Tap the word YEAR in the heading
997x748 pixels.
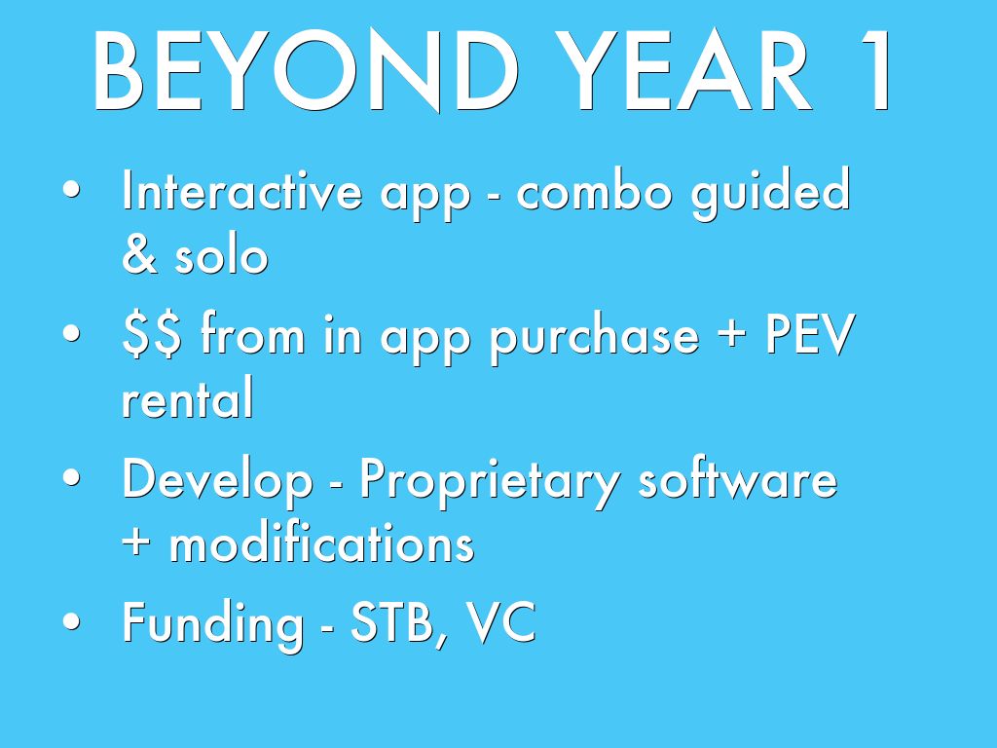coord(684,70)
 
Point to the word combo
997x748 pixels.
coord(594,190)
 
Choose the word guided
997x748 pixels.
coord(771,195)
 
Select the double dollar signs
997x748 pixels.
coord(152,335)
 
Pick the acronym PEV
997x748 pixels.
coord(810,335)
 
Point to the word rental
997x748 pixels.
coord(188,397)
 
